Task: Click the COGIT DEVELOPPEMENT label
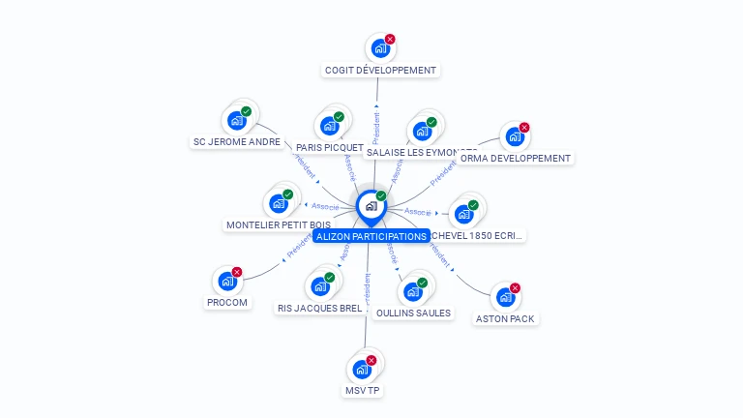coord(380,71)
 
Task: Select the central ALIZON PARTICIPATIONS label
coord(371,236)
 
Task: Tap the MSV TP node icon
coord(362,369)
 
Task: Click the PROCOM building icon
coord(226,281)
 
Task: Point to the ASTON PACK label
coord(505,318)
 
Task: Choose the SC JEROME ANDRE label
coord(237,142)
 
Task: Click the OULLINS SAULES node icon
coord(413,291)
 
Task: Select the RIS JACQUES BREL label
coord(319,309)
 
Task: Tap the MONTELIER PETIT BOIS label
coord(279,225)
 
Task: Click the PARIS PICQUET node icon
coord(329,126)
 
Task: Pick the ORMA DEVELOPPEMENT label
coord(516,159)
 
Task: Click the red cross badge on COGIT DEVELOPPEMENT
coord(390,40)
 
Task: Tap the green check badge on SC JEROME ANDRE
coord(246,112)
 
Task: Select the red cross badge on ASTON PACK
coord(515,288)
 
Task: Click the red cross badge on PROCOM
coord(236,273)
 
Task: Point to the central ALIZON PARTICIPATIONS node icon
coord(371,205)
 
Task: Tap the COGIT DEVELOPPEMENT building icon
coord(380,47)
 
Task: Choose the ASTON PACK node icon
coord(505,296)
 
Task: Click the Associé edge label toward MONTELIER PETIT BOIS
coord(325,206)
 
